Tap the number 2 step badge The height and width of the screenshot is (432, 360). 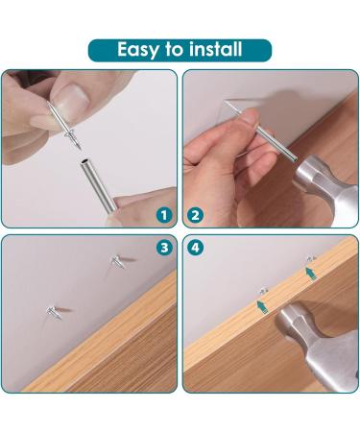pos(197,215)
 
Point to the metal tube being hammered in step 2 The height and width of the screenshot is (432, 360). pos(269,144)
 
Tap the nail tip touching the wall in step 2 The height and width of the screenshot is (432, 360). pos(228,103)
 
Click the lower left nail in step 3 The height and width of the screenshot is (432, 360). pos(50,308)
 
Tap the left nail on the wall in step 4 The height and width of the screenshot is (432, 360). pos(261,289)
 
